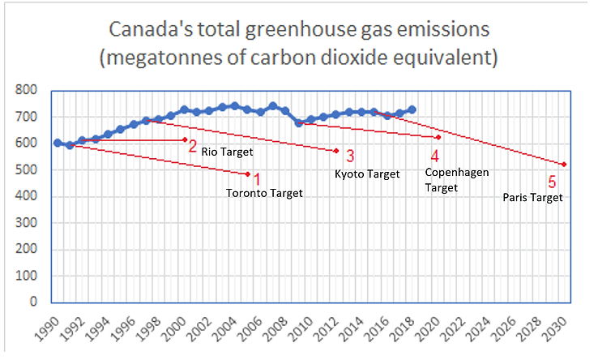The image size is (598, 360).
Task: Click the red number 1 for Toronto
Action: tap(257, 178)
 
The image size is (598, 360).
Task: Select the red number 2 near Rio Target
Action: tap(193, 146)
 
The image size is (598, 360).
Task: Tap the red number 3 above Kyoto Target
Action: tap(350, 156)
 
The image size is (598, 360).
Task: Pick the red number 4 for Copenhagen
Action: tap(435, 156)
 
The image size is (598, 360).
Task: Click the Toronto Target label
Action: tap(264, 193)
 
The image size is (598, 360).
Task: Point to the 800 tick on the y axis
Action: tap(28, 90)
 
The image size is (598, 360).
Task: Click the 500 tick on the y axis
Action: tap(28, 169)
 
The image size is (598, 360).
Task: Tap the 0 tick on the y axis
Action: tap(35, 302)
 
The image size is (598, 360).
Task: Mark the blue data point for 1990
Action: tap(58, 143)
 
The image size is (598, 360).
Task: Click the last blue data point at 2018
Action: tap(412, 109)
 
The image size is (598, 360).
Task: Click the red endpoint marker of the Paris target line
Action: tap(563, 165)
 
